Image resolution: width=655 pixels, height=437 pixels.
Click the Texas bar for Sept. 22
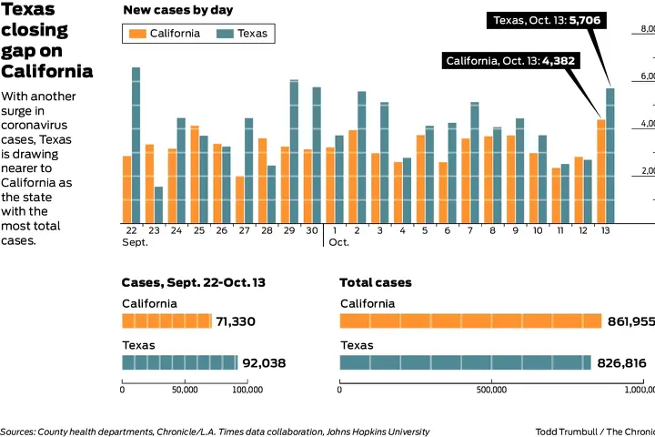tap(136, 145)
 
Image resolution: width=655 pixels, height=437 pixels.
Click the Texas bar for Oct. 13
tap(610, 155)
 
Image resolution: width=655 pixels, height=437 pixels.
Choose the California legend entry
tap(165, 34)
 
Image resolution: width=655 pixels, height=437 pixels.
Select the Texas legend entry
tap(243, 34)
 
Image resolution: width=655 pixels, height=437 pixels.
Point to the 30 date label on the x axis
tap(311, 231)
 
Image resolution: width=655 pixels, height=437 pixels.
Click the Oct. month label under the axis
tap(338, 243)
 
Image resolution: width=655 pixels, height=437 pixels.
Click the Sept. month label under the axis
tap(135, 243)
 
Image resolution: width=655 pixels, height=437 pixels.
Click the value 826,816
tap(622, 363)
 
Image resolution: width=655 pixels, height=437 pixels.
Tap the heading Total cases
tap(375, 282)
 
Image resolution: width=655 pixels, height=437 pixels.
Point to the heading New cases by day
tap(177, 10)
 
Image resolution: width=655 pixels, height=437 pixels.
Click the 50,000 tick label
tap(185, 390)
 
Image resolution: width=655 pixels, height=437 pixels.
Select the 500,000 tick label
tap(490, 390)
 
